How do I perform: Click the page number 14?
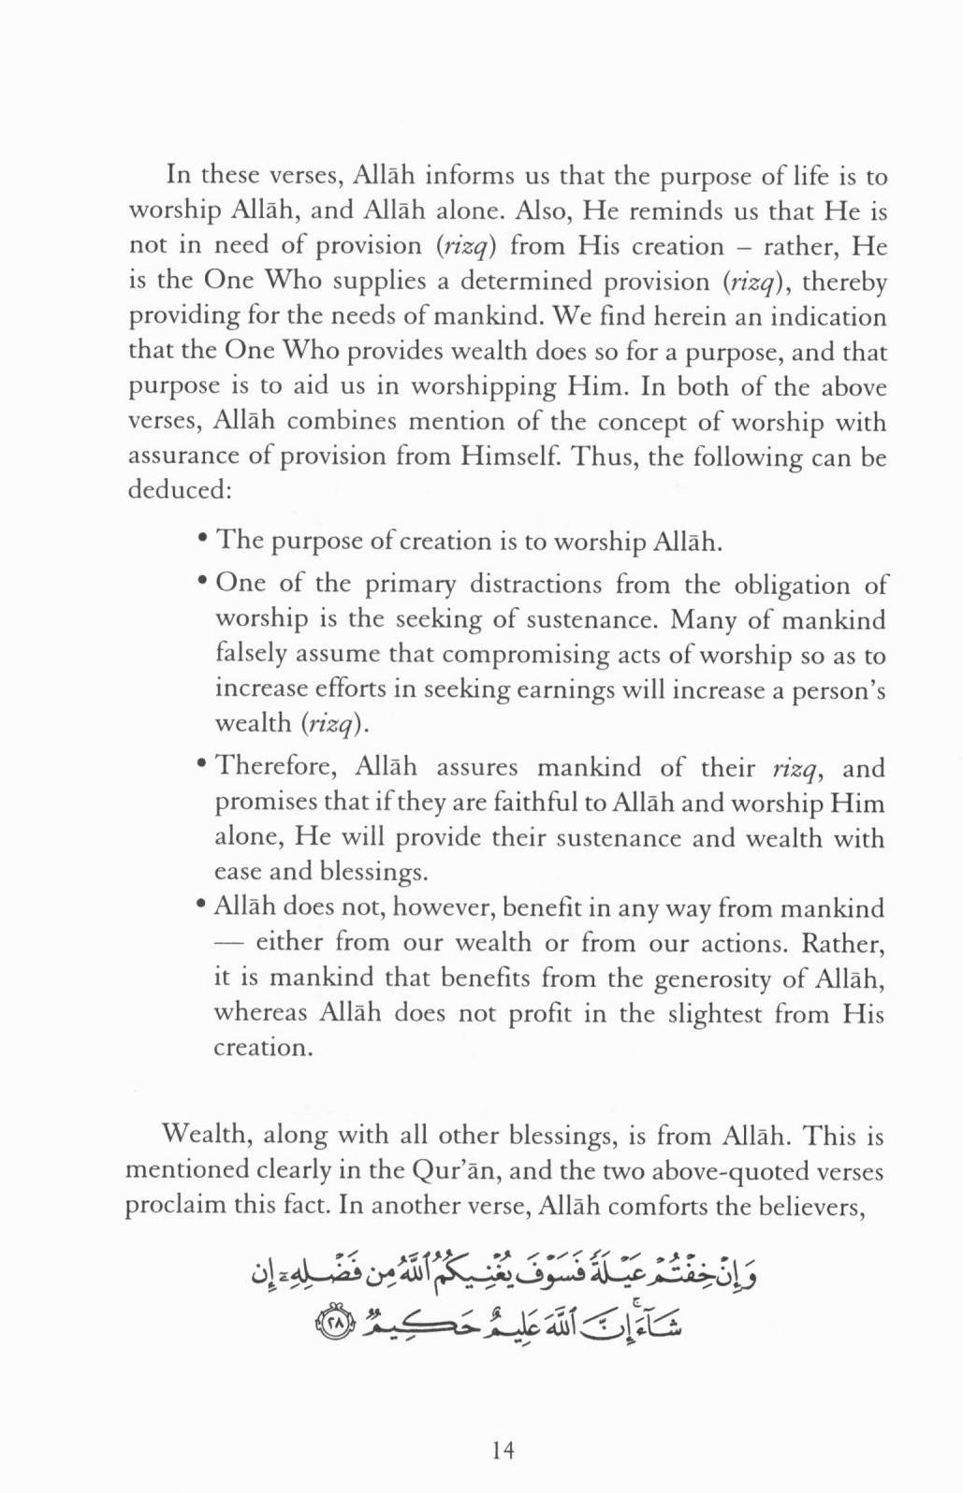click(x=503, y=1450)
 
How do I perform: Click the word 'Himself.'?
click(x=516, y=457)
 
